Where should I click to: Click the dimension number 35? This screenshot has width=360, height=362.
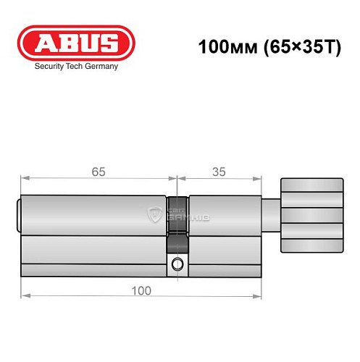point(217,172)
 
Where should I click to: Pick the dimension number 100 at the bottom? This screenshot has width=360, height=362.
point(141,290)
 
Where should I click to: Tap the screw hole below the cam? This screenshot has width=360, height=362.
point(176,265)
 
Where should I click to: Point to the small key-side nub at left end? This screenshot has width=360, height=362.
point(18,215)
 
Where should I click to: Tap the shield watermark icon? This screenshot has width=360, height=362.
point(156,214)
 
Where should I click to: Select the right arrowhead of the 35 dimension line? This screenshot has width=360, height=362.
point(259,178)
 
